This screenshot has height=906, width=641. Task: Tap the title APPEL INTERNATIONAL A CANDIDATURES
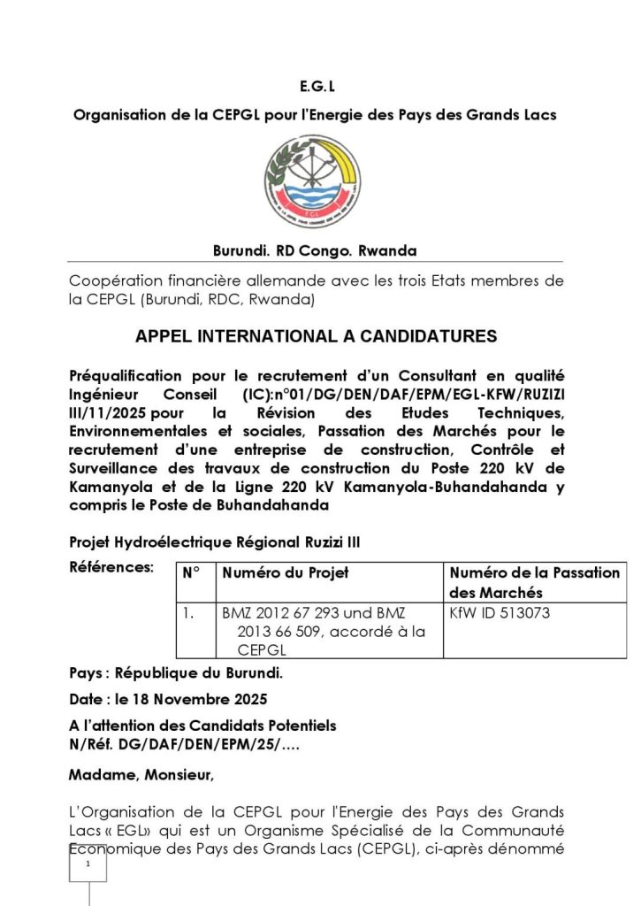(x=316, y=337)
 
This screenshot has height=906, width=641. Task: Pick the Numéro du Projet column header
(x=286, y=573)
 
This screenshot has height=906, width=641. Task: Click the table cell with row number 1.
(x=187, y=611)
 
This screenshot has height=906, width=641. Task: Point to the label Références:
(x=111, y=566)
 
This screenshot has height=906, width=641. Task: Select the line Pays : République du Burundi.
(x=176, y=673)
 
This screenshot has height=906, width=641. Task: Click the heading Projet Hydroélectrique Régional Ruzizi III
(x=215, y=541)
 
